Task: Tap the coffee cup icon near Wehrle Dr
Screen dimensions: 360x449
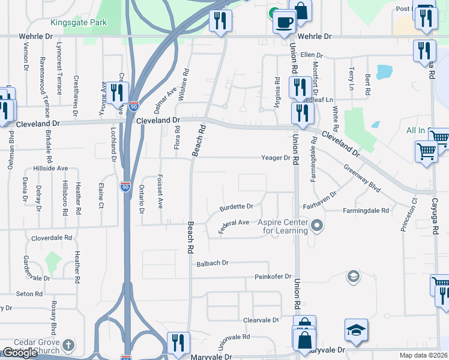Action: click(x=284, y=23)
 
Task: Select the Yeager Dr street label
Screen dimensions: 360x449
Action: click(x=276, y=158)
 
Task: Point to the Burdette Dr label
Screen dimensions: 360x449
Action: click(x=236, y=206)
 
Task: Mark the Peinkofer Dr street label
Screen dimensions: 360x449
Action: click(x=273, y=277)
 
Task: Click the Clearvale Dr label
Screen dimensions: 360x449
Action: click(x=261, y=320)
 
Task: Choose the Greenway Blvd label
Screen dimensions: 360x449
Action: click(x=362, y=178)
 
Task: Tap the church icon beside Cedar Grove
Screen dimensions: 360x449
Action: click(x=68, y=345)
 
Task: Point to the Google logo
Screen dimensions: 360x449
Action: click(x=20, y=353)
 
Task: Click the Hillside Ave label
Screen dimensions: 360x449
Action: click(x=50, y=169)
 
